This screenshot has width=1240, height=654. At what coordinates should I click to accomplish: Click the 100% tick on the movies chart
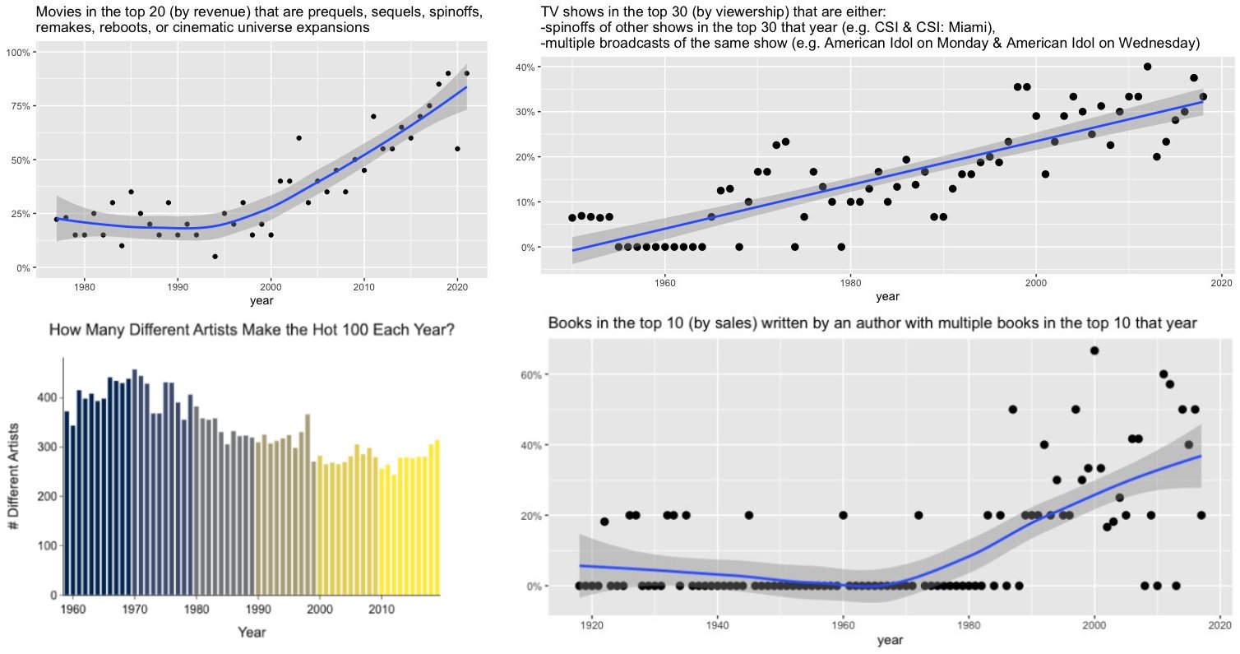point(17,52)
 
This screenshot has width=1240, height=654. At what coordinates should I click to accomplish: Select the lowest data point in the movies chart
point(215,257)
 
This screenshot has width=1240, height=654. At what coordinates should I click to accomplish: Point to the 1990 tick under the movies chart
point(177,287)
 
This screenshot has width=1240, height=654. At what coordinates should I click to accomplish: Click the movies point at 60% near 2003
point(298,138)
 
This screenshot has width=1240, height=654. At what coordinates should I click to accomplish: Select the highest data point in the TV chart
point(1147,67)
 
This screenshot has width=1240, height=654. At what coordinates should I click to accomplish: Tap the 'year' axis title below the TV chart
point(887,296)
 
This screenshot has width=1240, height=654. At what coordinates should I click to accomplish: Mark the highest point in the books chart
point(1094,350)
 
